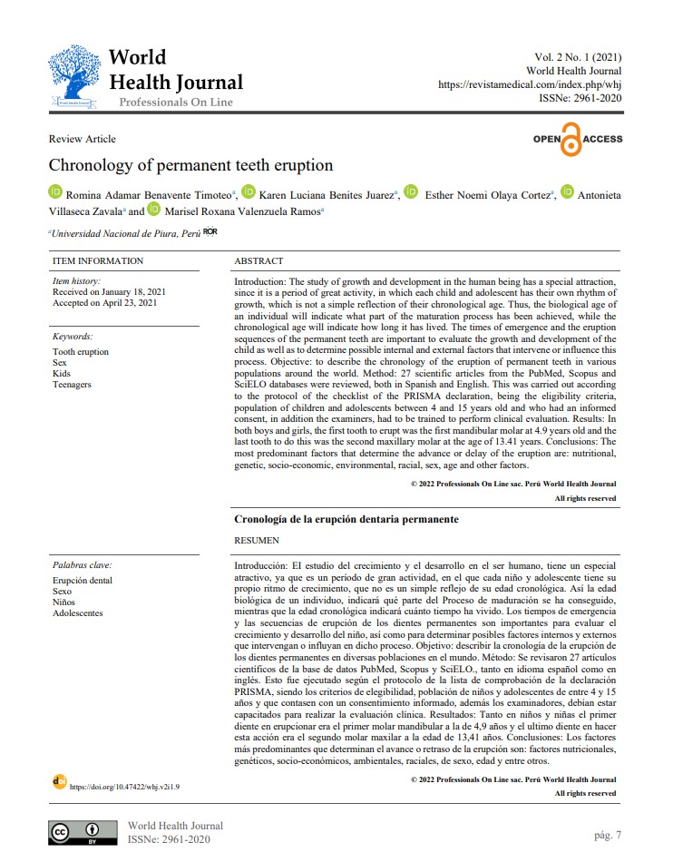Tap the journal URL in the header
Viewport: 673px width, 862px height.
click(530, 84)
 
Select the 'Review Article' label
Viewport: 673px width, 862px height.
click(82, 139)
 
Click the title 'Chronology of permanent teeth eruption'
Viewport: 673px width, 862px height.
click(190, 165)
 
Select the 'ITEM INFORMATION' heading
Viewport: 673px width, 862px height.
click(98, 261)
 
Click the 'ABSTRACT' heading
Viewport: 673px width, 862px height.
click(258, 261)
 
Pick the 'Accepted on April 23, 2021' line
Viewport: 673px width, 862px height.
click(105, 302)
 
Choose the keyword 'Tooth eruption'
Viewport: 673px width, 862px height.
click(80, 352)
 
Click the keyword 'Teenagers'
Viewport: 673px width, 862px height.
click(72, 385)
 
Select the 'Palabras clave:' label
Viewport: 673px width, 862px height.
click(82, 565)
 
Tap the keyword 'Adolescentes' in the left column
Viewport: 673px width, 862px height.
click(78, 612)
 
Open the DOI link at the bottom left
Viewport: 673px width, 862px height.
click(124, 787)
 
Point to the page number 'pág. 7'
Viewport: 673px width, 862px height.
click(607, 834)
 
